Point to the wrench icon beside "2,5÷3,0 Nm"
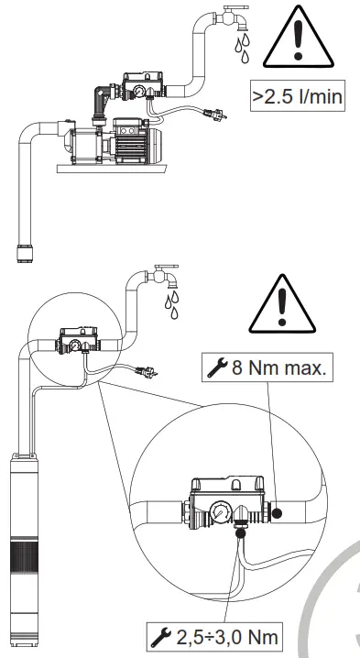coord(162,635)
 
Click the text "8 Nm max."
coord(270,369)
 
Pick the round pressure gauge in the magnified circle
coord(221,511)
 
